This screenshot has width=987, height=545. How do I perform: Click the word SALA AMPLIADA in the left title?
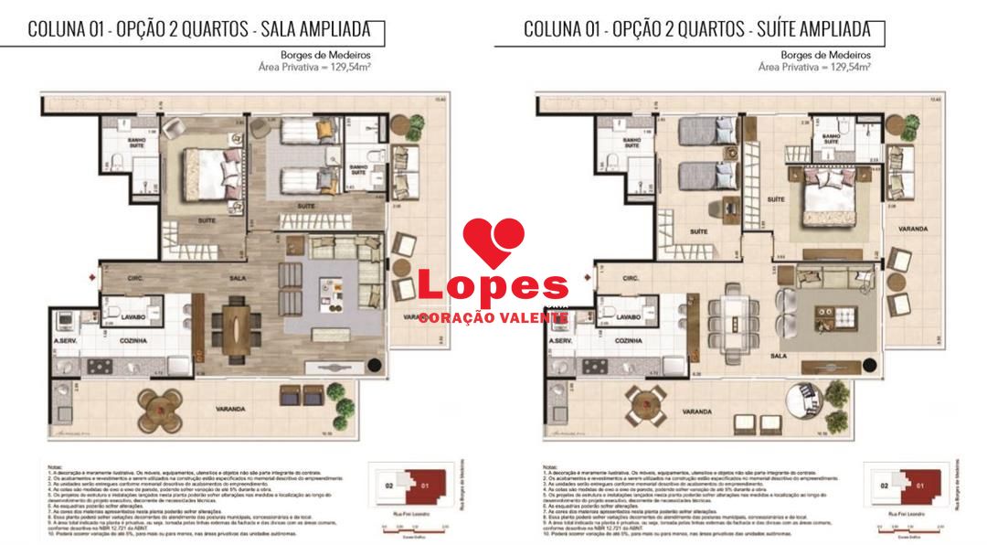click(316, 28)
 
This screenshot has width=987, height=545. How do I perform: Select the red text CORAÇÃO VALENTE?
click(493, 317)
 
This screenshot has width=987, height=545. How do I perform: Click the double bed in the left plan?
click(209, 170)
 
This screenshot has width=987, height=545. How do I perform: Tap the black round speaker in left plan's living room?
click(374, 367)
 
